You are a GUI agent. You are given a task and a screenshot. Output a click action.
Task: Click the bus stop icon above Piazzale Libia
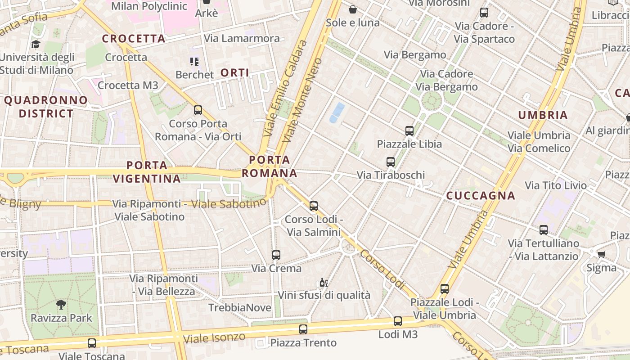click(409, 131)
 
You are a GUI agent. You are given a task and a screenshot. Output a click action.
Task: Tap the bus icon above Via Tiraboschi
click(391, 162)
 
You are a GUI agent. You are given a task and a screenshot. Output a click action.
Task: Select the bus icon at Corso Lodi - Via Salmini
click(314, 206)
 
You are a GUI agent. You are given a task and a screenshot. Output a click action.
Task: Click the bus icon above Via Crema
click(276, 255)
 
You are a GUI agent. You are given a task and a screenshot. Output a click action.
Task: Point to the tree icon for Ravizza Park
click(61, 305)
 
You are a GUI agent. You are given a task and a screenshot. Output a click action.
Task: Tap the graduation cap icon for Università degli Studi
click(36, 44)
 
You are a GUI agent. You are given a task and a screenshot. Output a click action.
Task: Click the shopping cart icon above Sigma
click(601, 255)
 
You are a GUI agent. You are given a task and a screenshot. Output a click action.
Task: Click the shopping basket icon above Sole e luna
click(353, 9)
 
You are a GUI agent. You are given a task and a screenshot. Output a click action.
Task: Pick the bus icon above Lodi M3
click(398, 321)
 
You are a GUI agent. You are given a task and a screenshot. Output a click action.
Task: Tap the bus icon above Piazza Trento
click(303, 329)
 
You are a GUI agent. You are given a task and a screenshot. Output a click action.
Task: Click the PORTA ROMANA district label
click(270, 166)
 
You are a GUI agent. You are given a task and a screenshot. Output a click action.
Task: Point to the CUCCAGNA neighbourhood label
click(481, 196)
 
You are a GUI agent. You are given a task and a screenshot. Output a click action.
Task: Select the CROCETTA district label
click(134, 39)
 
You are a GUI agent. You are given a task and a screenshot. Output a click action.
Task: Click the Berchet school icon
click(194, 62)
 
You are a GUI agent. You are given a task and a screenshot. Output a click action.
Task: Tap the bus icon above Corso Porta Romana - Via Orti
click(198, 110)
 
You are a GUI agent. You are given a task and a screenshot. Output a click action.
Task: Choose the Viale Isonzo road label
click(215, 338)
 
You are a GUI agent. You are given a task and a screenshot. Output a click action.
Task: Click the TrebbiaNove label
click(240, 308)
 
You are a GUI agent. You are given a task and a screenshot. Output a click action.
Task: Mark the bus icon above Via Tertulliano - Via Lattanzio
click(544, 230)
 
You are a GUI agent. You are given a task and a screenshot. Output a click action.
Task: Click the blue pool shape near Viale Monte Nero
click(337, 112)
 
